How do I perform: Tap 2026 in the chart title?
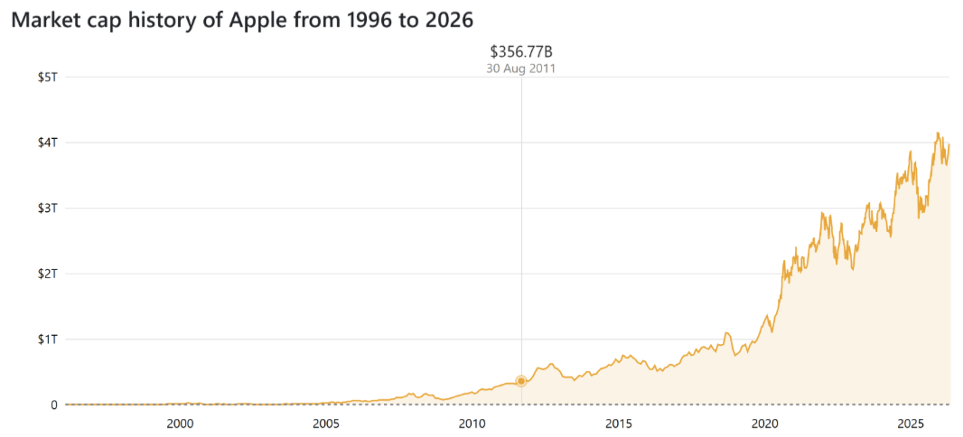[x=448, y=20]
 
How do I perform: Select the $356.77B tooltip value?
[x=521, y=51]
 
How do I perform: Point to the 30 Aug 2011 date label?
[x=521, y=68]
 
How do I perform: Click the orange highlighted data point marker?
[x=521, y=381]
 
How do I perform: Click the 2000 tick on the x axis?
[x=180, y=423]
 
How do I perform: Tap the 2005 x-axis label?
[x=326, y=423]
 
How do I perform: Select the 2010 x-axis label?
[x=472, y=423]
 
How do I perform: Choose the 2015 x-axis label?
[x=619, y=423]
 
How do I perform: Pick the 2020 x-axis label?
[x=765, y=423]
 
